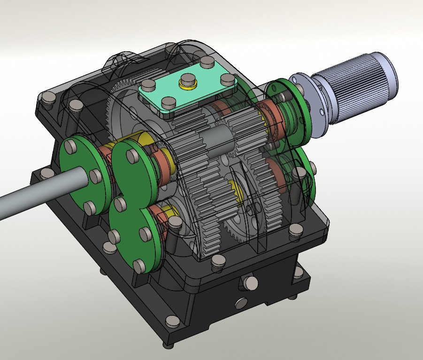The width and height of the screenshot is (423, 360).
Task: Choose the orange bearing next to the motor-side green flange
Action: (272, 117)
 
